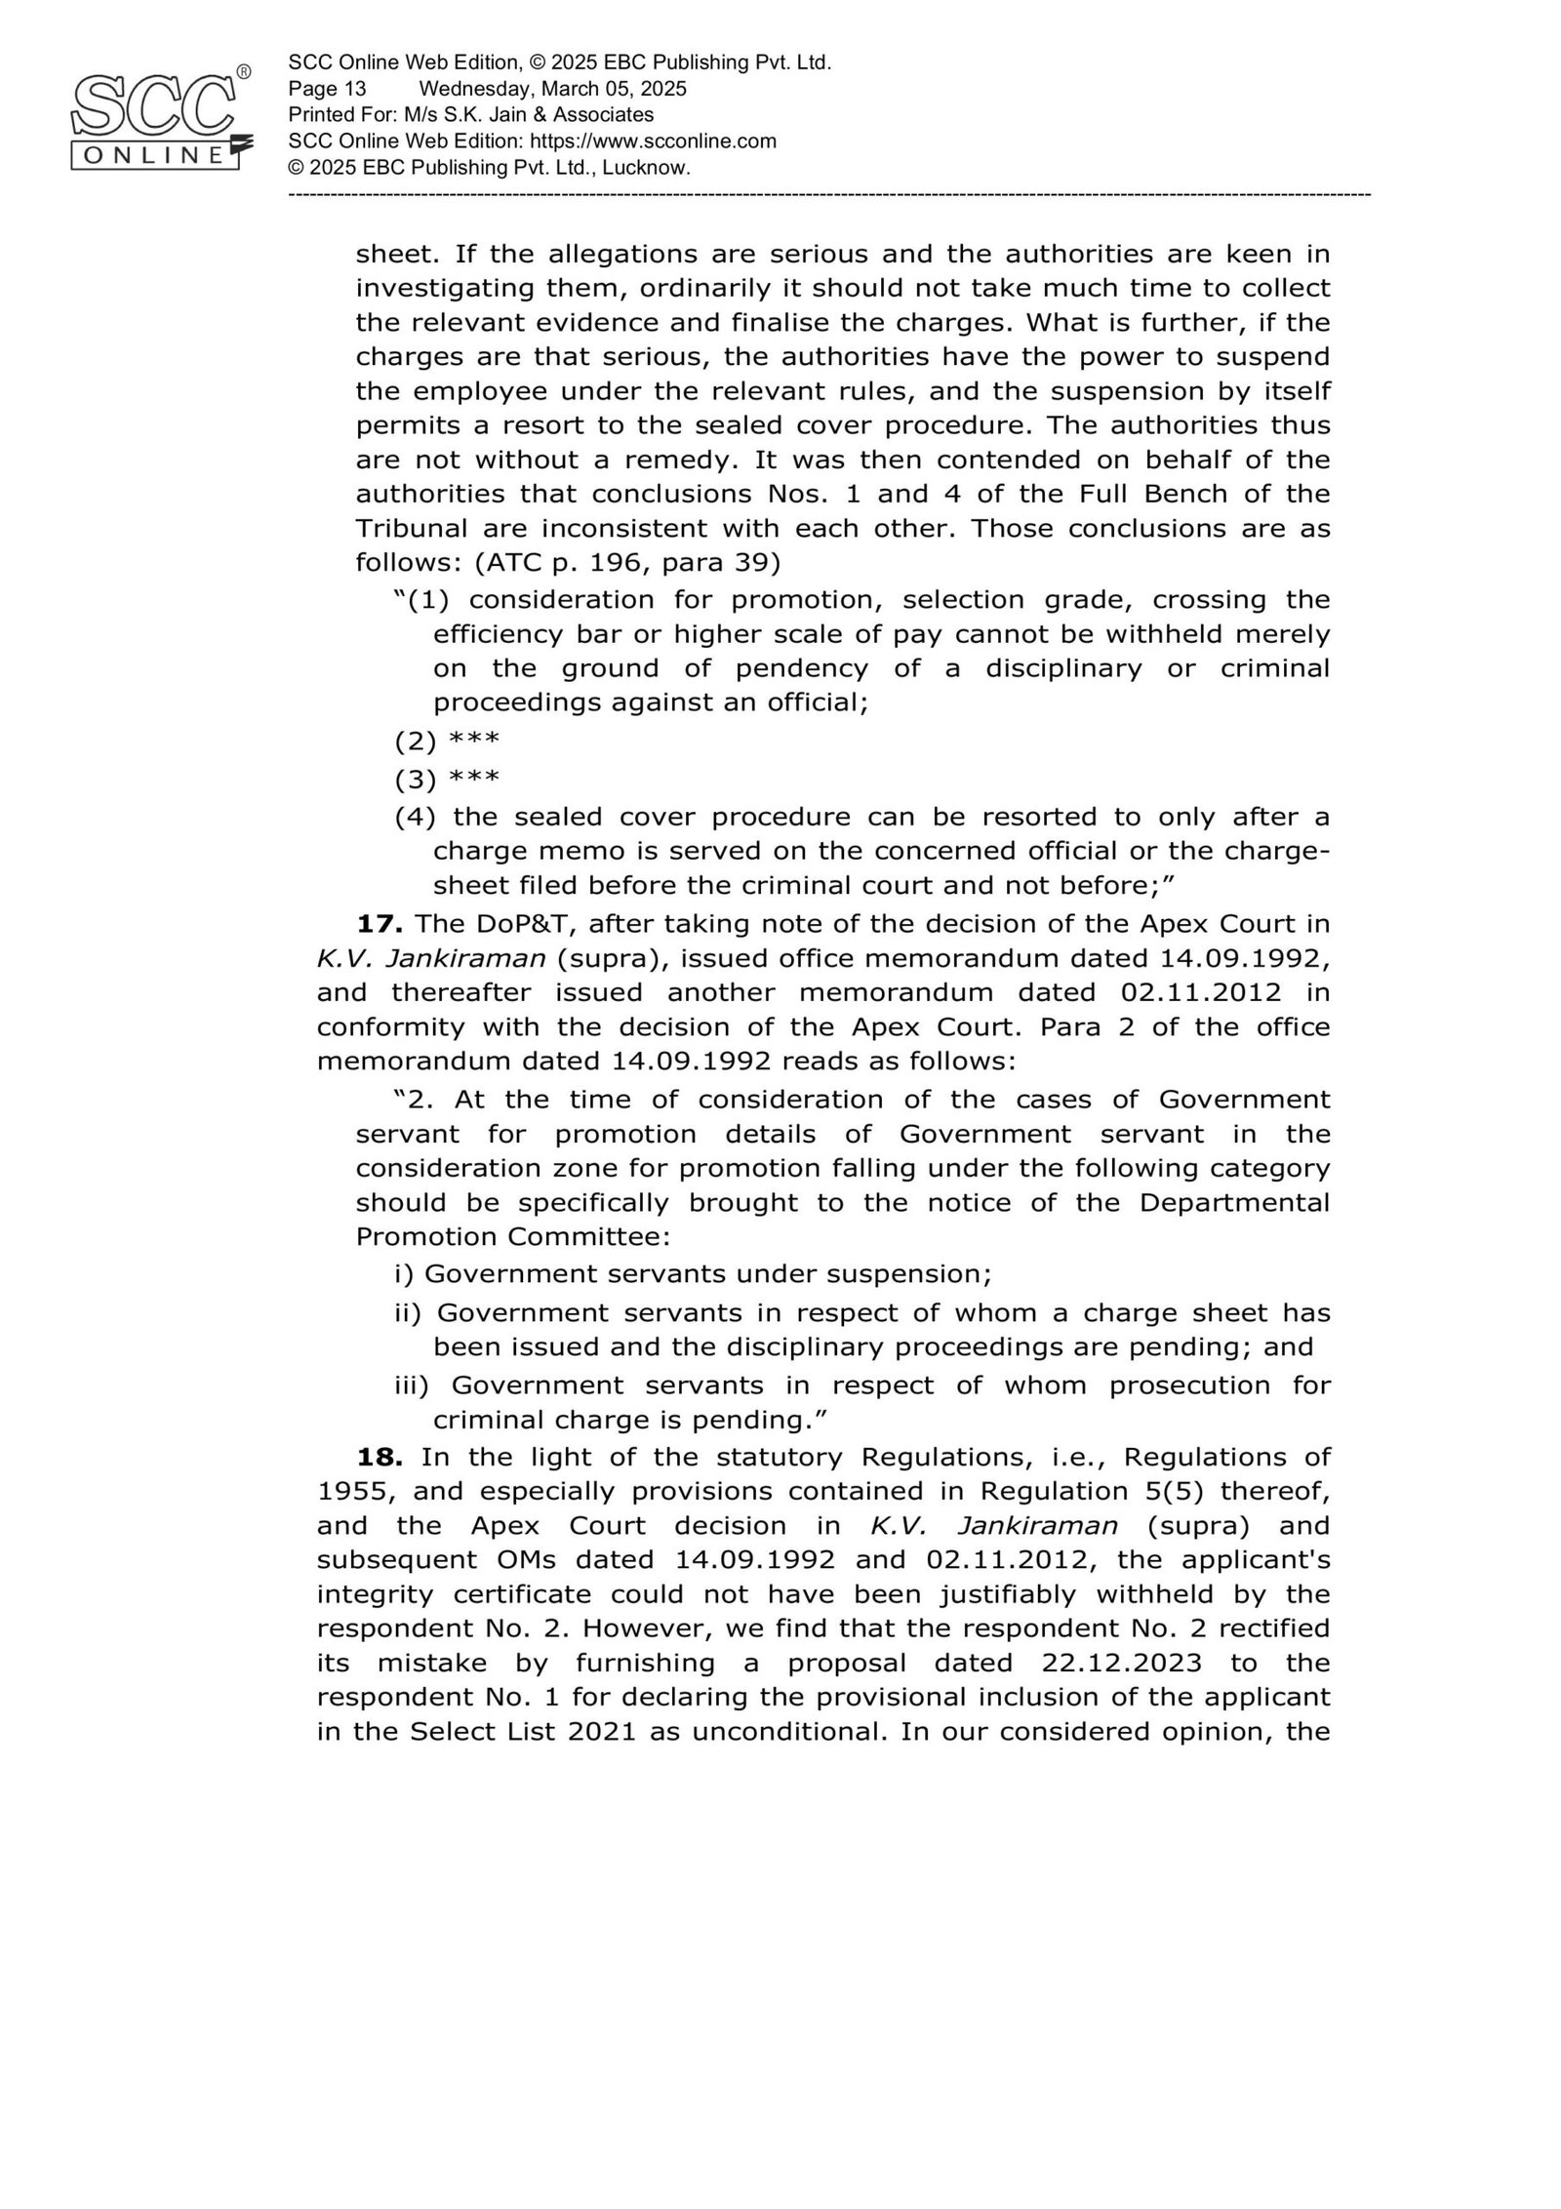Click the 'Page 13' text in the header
point(327,89)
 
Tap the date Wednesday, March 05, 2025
point(552,89)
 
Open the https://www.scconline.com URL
point(653,141)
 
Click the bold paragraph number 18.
point(380,1457)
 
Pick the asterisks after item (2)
point(474,741)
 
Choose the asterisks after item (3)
point(474,779)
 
